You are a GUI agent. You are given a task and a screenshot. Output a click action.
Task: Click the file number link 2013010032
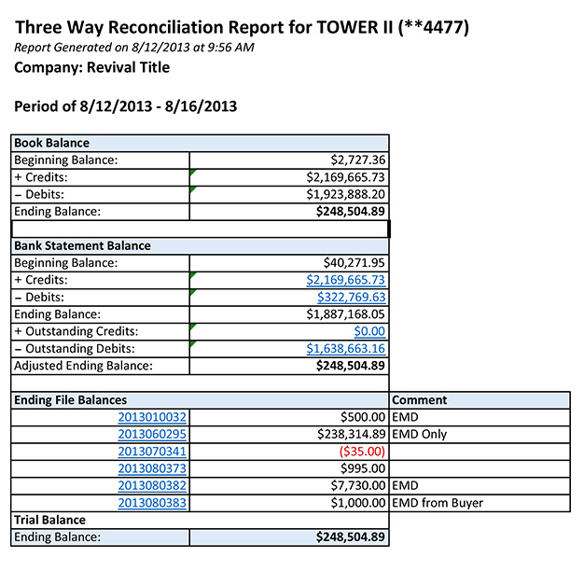coord(153,417)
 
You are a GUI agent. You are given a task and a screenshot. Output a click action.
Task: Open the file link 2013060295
coord(153,434)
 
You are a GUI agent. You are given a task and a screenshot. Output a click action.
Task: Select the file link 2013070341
coord(153,452)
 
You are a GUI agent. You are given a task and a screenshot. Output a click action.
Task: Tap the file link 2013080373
coord(153,468)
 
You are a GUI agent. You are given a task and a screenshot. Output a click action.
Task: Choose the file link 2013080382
coord(153,486)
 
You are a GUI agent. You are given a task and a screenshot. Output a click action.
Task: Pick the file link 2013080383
coord(153,503)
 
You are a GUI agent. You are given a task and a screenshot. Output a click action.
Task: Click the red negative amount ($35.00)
coord(363,452)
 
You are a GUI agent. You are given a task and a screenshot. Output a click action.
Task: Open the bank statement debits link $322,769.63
coord(346,297)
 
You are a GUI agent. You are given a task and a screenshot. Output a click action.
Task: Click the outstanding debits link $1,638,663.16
coord(346,349)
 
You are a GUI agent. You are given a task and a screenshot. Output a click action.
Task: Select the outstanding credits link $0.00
coord(370,331)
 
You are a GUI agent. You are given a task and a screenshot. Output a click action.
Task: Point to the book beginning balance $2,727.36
coord(359,160)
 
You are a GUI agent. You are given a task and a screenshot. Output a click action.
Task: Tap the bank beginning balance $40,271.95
coord(355,263)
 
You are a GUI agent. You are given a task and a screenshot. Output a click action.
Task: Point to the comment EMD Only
coord(420,434)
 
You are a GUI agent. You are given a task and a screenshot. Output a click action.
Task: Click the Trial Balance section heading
coord(49,520)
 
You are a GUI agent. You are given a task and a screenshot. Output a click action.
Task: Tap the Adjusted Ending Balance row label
coord(83,366)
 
